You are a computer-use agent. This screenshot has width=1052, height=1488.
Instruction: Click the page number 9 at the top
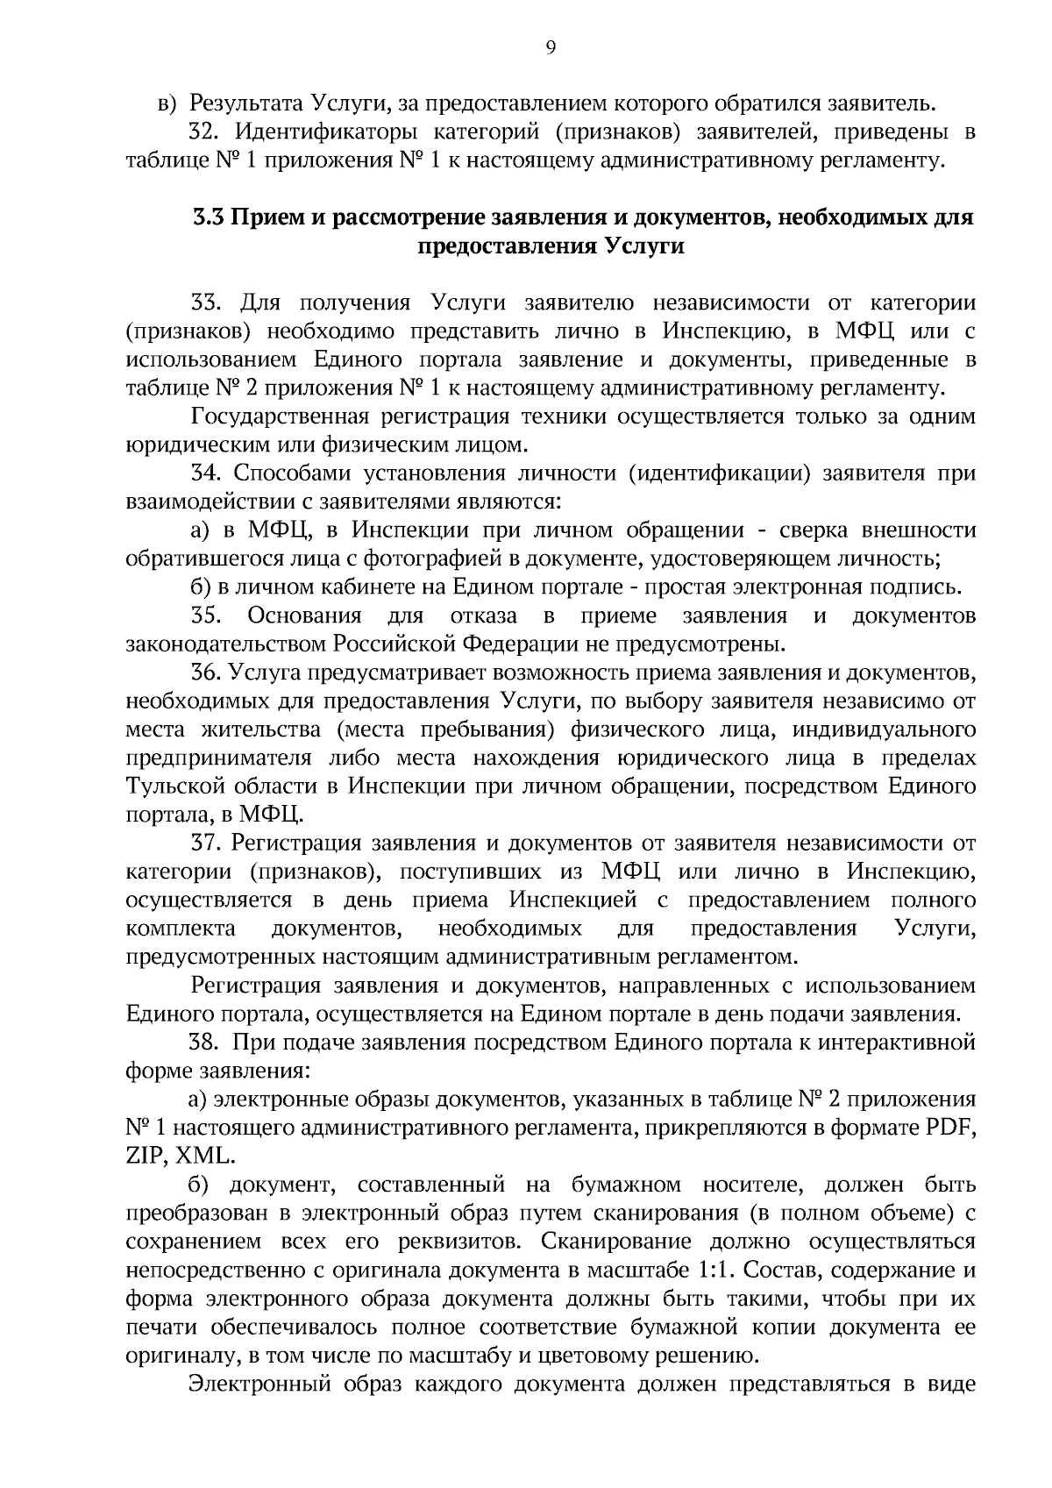[551, 48]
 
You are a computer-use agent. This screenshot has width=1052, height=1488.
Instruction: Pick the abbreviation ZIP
[145, 1156]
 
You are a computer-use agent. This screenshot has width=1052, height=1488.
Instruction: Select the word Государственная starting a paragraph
[281, 416]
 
